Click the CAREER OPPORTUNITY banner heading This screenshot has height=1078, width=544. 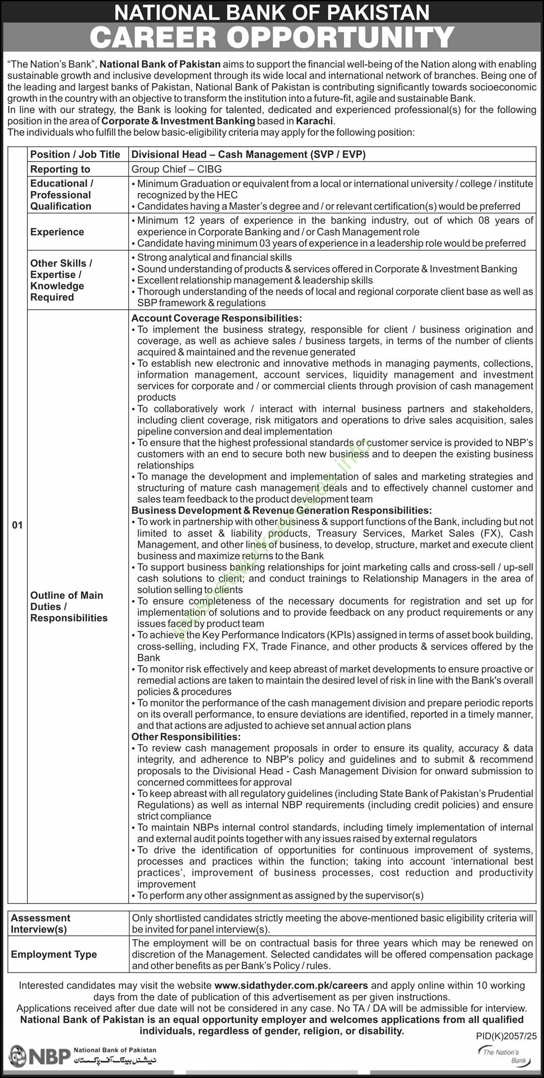point(272,38)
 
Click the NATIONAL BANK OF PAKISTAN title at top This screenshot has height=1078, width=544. point(272,12)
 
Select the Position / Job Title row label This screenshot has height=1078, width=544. point(75,154)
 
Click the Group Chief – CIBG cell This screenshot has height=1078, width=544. point(176,169)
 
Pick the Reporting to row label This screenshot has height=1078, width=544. point(60,169)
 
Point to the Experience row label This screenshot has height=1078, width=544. point(57,232)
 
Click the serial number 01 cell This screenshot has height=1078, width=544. point(17,525)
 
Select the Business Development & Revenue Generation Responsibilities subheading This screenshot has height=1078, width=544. point(281,510)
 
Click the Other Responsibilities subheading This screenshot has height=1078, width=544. point(186,737)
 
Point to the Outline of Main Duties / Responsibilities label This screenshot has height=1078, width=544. point(69,606)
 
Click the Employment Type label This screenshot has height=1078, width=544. point(54,954)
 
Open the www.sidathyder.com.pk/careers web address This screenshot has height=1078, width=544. point(291,985)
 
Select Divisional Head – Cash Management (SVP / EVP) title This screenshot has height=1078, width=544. point(248,154)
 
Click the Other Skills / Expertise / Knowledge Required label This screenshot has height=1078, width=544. point(61,280)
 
